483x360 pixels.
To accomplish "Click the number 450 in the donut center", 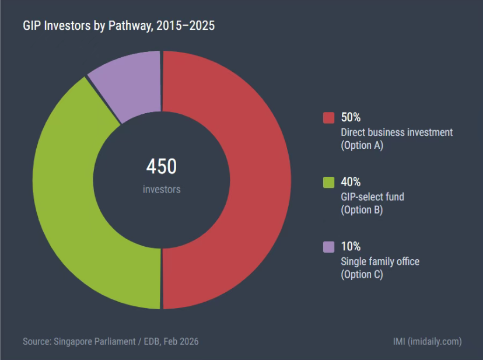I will coord(161,167).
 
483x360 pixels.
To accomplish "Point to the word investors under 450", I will coord(162,190).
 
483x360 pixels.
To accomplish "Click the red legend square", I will coord(328,118).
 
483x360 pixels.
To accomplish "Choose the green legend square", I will coord(328,182).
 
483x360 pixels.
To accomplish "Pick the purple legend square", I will coord(328,247).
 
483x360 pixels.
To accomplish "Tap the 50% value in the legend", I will coord(351,118).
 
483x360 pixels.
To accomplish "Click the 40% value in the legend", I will coord(351,182).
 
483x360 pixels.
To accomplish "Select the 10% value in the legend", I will coord(351,247).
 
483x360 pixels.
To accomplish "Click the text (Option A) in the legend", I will coord(362,146).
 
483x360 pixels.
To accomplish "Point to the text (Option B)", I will coord(362,210).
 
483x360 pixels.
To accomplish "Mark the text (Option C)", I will coord(362,274).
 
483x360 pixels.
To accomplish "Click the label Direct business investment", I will coord(397,132).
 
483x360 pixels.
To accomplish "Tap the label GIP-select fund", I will coord(372,197).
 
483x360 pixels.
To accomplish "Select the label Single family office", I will coord(380,261).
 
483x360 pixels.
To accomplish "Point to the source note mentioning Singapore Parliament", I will coord(111,341).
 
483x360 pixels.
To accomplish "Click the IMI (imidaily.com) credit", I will coord(428,341).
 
